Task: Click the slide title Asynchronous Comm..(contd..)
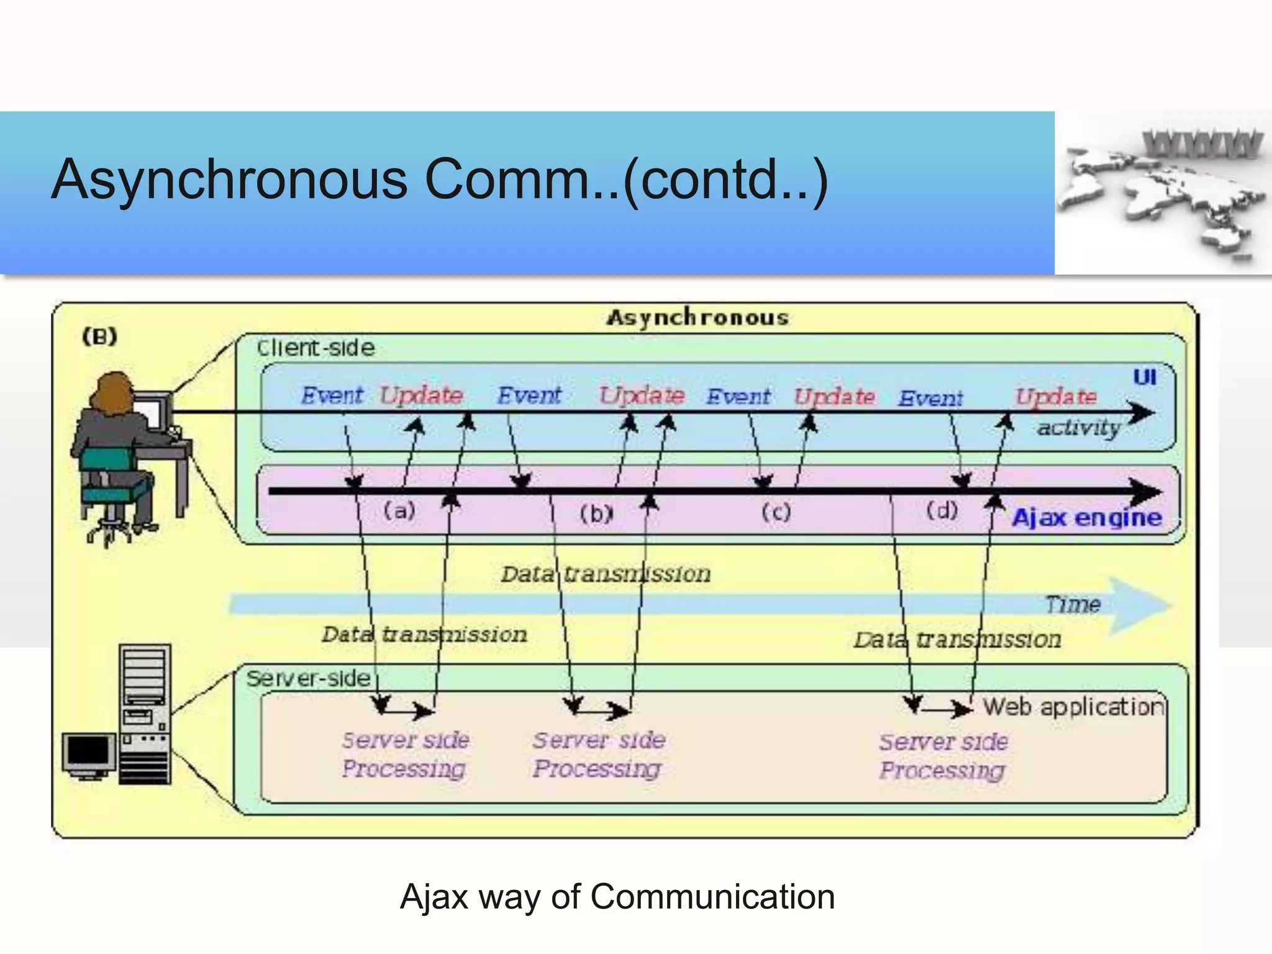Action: point(440,180)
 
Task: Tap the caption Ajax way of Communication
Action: point(617,897)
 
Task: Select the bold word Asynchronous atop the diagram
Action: point(697,317)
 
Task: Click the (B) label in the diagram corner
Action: point(100,337)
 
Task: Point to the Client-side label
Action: point(316,348)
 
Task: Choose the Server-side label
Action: point(308,678)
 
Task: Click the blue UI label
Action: point(1144,377)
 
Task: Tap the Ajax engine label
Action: point(1087,517)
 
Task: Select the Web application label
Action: point(1073,707)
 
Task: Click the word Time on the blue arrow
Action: point(1073,604)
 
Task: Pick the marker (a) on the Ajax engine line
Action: point(399,511)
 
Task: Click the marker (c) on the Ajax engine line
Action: point(776,512)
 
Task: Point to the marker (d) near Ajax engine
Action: point(942,511)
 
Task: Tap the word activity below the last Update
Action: point(1078,427)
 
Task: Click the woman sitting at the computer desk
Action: point(118,447)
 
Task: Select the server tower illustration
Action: point(145,714)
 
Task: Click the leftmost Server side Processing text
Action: point(405,754)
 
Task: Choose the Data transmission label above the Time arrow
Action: point(606,574)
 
